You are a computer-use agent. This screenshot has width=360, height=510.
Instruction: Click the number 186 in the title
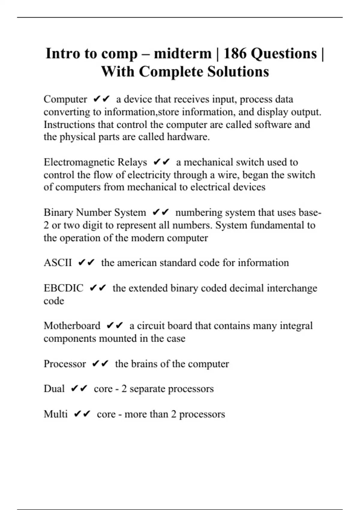click(x=235, y=54)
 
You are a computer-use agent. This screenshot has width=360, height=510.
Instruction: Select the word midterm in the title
click(x=182, y=54)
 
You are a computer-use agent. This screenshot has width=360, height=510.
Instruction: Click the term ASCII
click(x=58, y=263)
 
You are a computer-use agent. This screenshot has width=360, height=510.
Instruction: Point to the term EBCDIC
click(x=63, y=288)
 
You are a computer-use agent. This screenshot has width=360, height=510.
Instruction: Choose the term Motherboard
click(x=72, y=326)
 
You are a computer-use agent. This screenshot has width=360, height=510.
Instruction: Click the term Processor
click(x=64, y=364)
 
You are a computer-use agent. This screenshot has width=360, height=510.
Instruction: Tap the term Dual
click(x=54, y=389)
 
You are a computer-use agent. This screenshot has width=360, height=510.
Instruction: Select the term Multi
click(x=55, y=414)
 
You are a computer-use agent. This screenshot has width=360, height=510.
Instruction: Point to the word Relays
click(x=132, y=162)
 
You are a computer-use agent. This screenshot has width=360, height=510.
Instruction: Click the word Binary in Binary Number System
click(x=58, y=213)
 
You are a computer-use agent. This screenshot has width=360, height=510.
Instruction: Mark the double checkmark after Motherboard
click(x=115, y=325)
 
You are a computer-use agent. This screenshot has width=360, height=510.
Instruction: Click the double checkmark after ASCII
click(x=86, y=263)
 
